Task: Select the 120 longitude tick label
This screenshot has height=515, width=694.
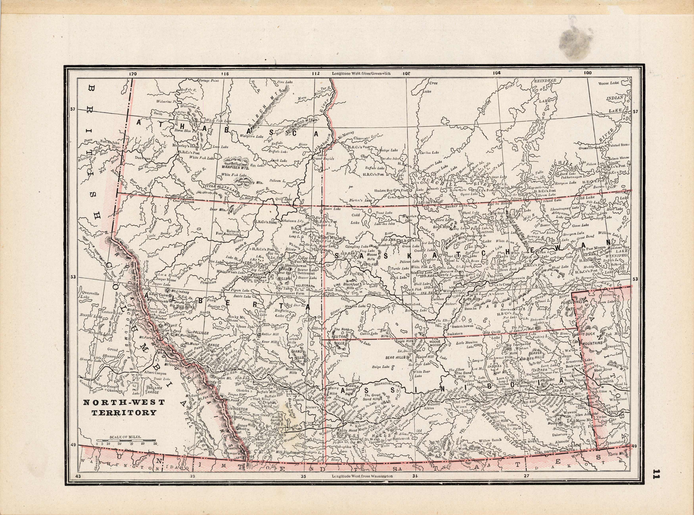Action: coord(133,74)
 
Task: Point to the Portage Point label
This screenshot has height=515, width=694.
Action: coord(209,80)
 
